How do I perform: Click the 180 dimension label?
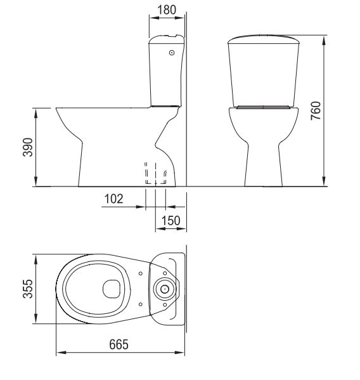[x=167, y=10]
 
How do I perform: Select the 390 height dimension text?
[x=28, y=147]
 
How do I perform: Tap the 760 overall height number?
[x=316, y=111]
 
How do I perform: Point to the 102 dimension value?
[x=113, y=199]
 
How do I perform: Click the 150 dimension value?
[x=171, y=221]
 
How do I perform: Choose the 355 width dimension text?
[x=28, y=289]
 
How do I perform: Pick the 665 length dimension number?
[x=119, y=344]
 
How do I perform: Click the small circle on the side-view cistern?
[x=172, y=53]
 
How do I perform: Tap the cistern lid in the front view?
[x=264, y=39]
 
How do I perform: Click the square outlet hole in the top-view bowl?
[x=112, y=289]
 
